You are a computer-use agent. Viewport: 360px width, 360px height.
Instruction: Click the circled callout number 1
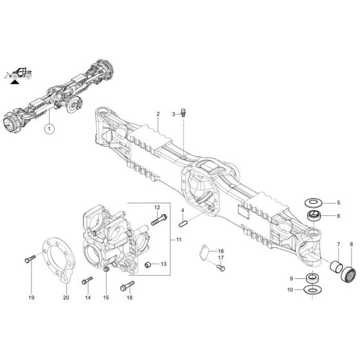(48, 129)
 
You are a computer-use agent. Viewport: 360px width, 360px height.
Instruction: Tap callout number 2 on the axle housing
(157, 114)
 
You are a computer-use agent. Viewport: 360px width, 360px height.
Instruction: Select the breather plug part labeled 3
(183, 113)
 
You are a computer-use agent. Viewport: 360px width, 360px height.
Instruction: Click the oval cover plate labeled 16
(201, 252)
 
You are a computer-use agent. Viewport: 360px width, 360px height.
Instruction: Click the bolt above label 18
(127, 285)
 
